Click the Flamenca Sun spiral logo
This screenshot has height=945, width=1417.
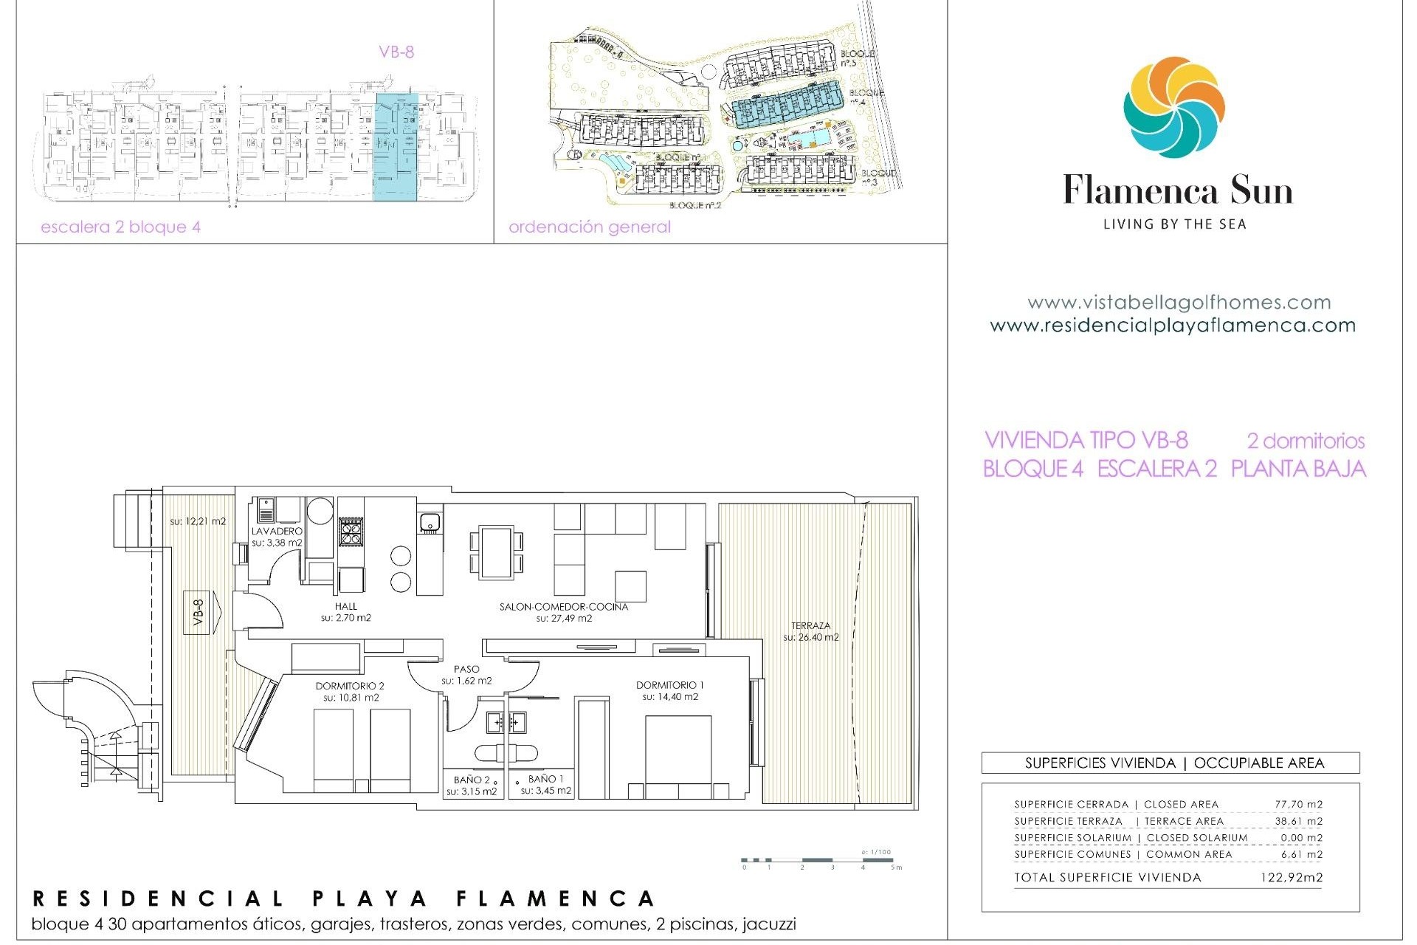[x=1173, y=107]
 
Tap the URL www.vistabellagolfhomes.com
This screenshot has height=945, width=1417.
[x=1179, y=303]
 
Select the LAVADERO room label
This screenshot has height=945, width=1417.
[x=277, y=531]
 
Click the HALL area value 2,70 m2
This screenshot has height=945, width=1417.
[x=346, y=618]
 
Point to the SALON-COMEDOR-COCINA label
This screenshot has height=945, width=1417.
[x=564, y=607]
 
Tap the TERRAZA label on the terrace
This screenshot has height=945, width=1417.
[x=810, y=625]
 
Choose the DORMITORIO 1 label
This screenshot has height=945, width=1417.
[x=669, y=685]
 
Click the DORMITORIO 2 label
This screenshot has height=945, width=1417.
[x=350, y=686]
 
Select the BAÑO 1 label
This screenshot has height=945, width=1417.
[x=545, y=779]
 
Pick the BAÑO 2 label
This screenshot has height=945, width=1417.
[x=472, y=780]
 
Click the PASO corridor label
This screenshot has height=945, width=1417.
[x=466, y=669]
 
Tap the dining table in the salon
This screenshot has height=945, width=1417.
[x=497, y=552]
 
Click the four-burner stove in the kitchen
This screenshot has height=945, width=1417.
[x=350, y=531]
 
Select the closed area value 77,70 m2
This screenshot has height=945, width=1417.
[x=1298, y=804]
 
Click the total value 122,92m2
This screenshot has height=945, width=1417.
[x=1291, y=878]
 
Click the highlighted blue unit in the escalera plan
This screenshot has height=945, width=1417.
[x=396, y=146]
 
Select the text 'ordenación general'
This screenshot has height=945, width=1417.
[x=589, y=227]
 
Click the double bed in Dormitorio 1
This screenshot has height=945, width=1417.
[x=678, y=757]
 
